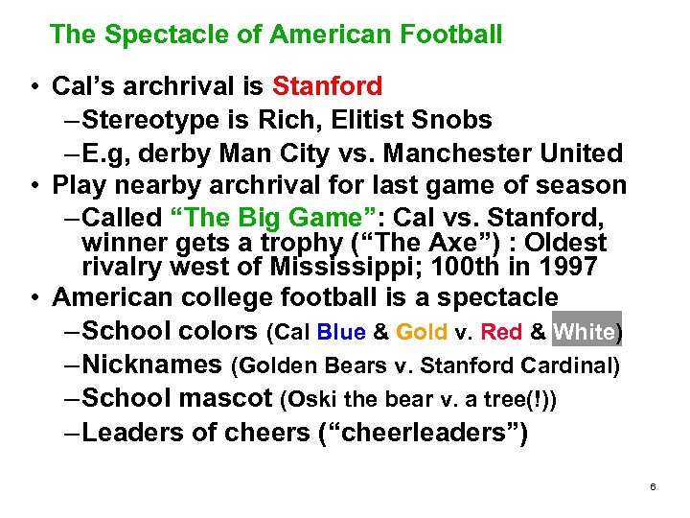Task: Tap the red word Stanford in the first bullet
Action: click(x=328, y=86)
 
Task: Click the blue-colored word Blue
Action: click(x=341, y=333)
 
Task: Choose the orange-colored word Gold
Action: click(x=422, y=333)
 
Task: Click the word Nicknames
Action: click(x=152, y=365)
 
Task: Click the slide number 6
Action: click(x=653, y=487)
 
